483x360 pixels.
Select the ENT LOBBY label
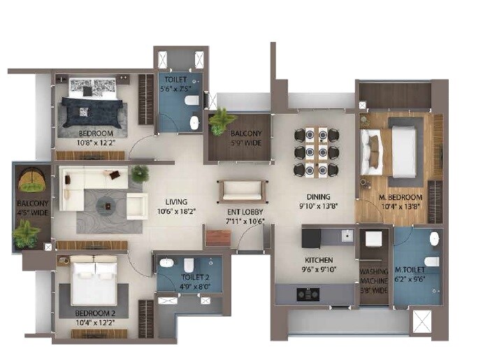pos(244,211)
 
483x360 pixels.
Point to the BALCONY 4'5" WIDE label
pos(31,208)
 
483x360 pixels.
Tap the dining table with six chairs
pos(316,151)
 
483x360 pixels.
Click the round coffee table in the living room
pos(107,204)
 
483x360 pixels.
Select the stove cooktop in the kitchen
pos(308,294)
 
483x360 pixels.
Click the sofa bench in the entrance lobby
pos(241,191)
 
